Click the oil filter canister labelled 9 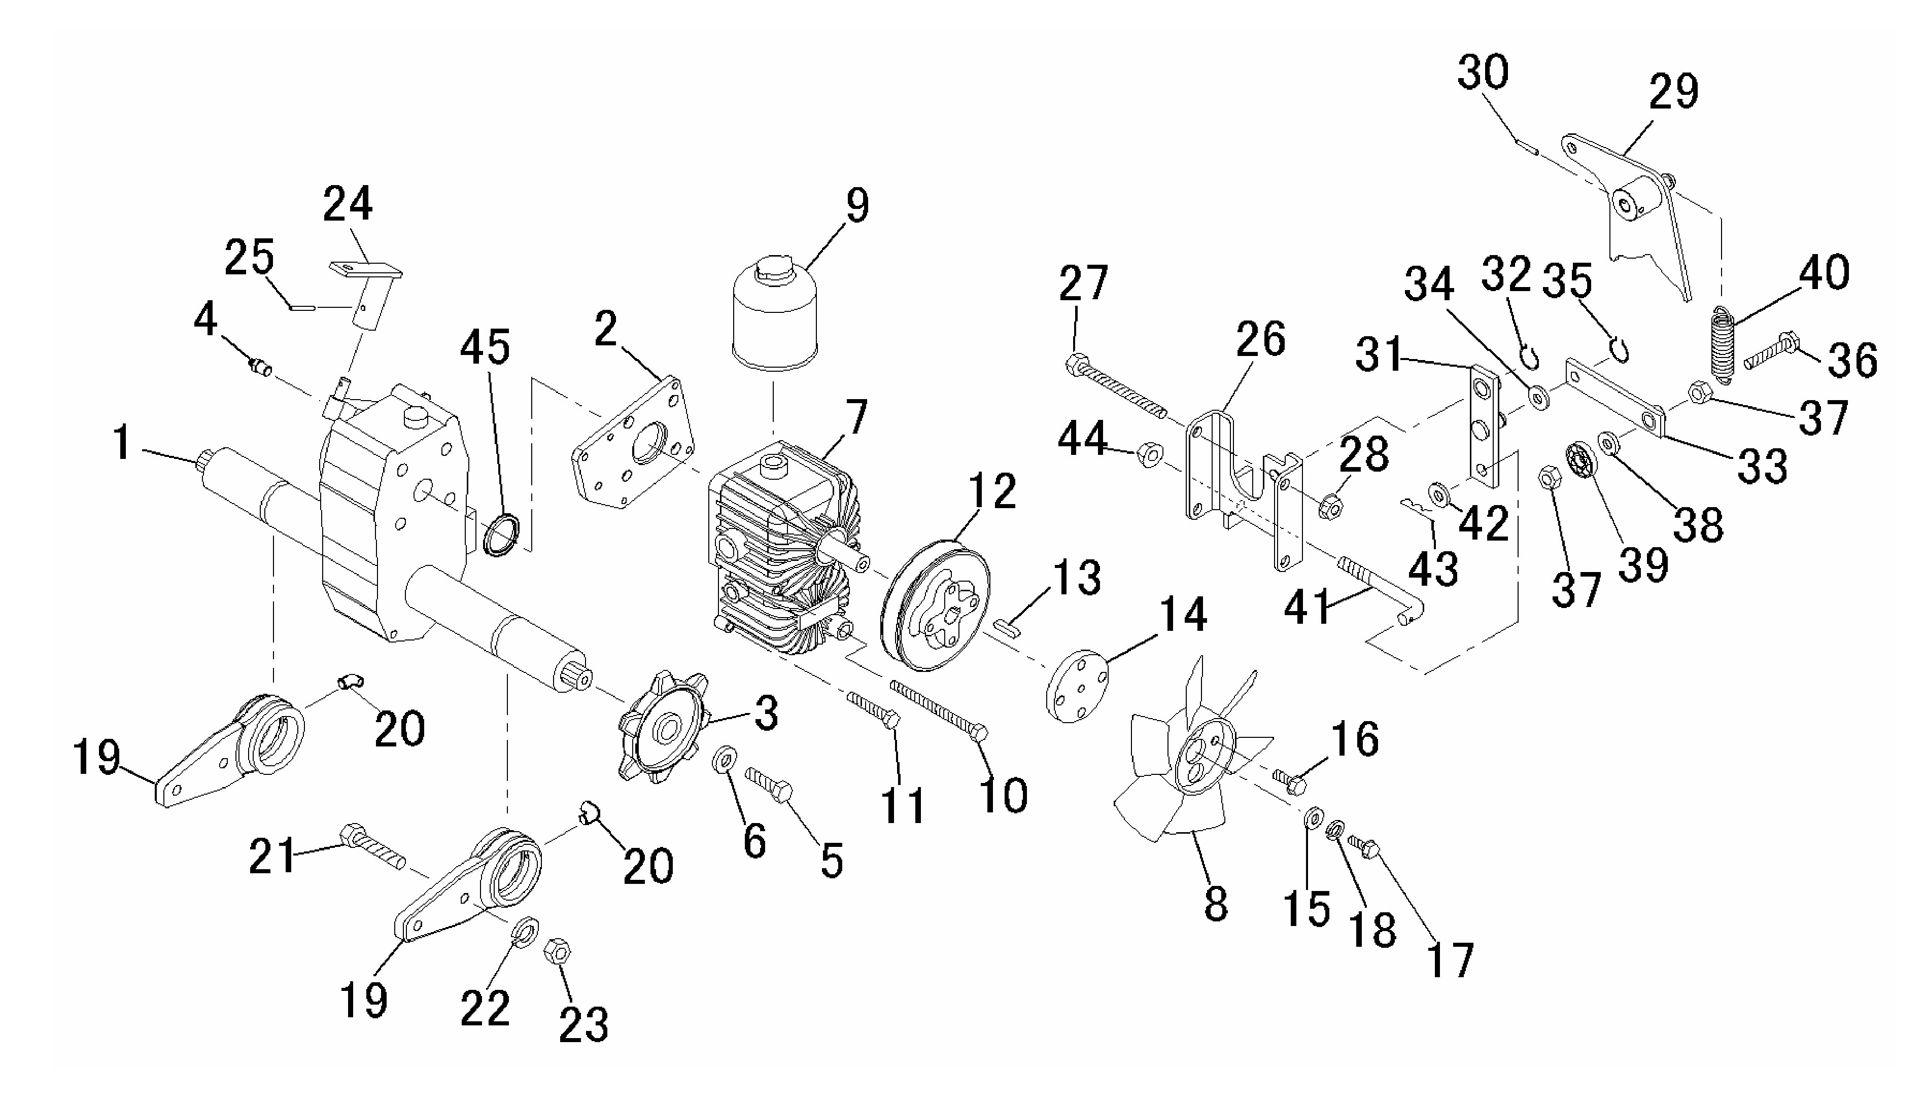773,315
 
